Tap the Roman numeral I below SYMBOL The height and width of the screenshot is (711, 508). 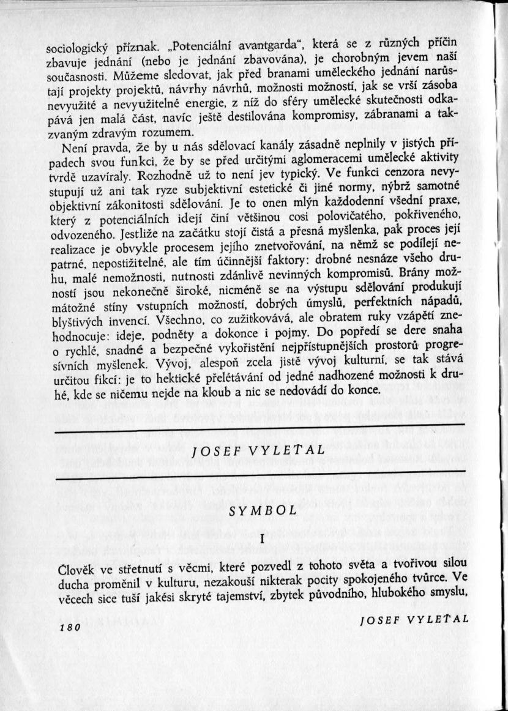pos(262,539)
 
